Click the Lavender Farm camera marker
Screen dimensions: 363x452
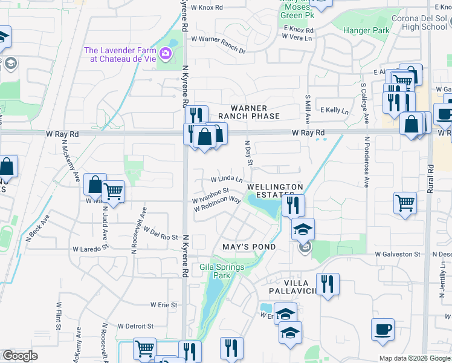coord(165,55)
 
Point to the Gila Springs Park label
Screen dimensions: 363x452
coord(216,270)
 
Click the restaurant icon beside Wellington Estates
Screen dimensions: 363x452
coord(293,205)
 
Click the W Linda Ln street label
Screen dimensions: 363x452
coord(227,179)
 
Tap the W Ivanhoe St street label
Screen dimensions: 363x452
coord(209,196)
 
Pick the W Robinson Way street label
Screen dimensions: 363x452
coord(218,204)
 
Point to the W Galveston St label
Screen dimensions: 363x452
coord(397,254)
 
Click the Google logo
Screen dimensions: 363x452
coord(20,356)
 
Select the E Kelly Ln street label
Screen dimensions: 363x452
coord(335,111)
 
